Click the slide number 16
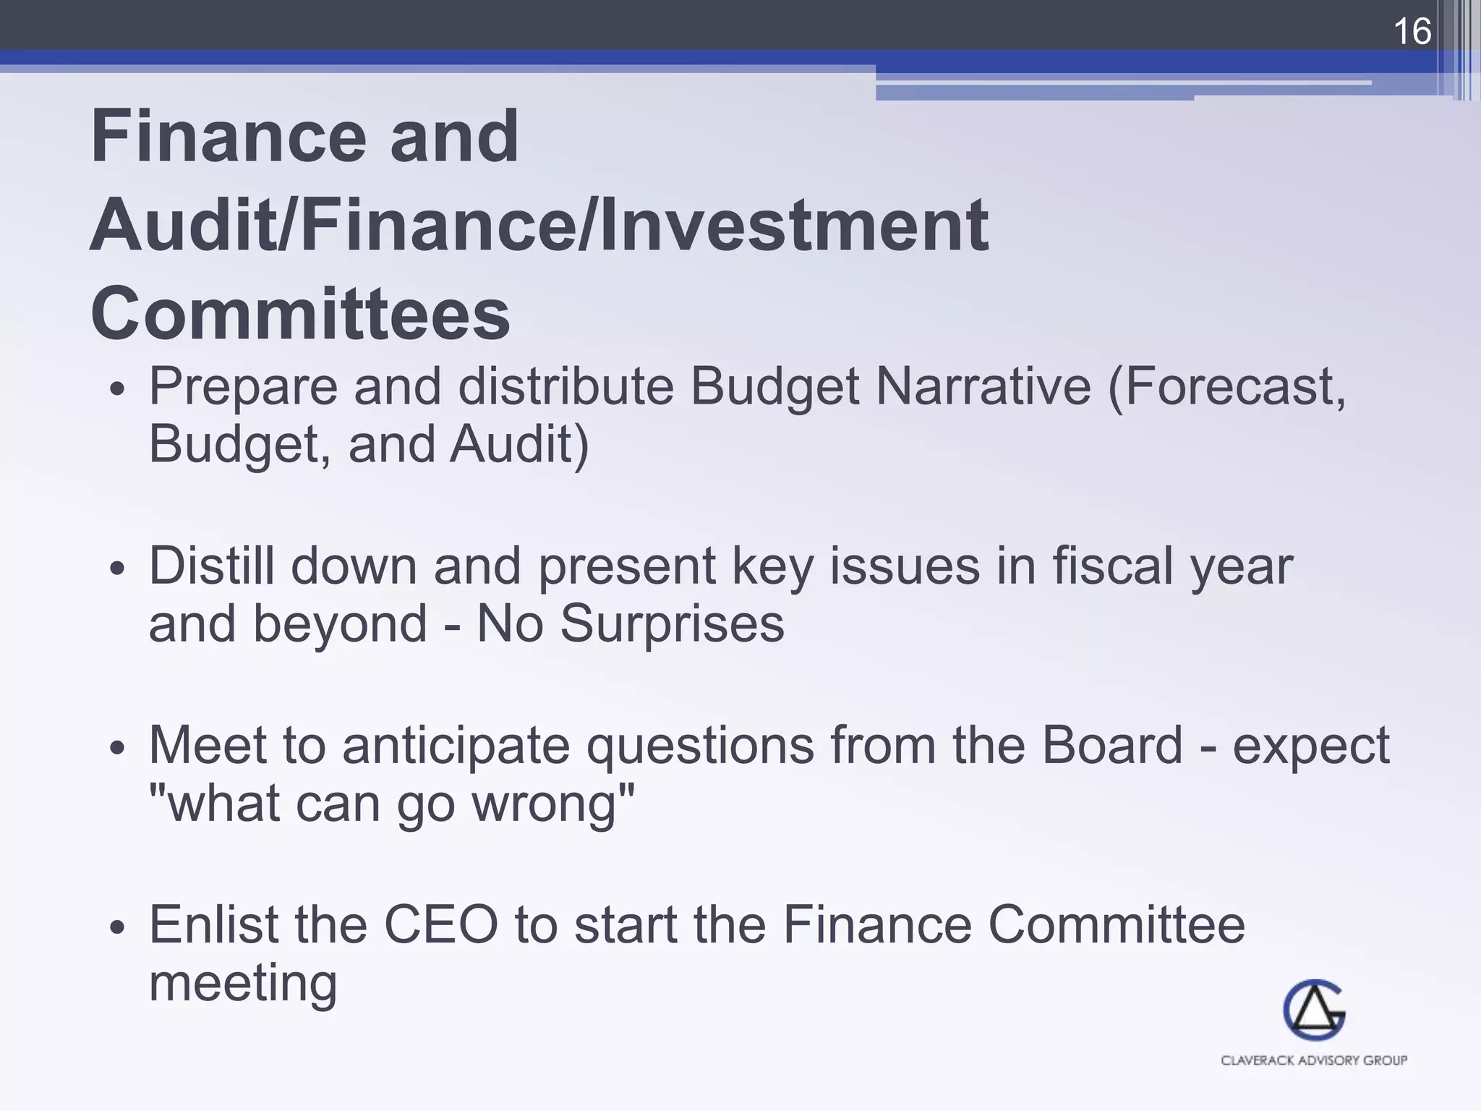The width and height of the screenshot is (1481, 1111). pos(1411,32)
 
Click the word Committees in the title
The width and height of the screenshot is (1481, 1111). pos(300,314)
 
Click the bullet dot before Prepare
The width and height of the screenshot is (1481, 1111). pos(118,390)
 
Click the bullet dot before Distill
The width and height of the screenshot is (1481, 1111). pos(118,569)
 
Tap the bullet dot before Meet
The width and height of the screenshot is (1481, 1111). pos(118,749)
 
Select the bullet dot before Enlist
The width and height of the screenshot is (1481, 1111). pos(118,928)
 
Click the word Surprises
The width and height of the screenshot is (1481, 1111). pos(672,623)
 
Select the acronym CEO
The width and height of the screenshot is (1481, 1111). pos(440,924)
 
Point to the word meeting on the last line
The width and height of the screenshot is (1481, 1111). pos(243,984)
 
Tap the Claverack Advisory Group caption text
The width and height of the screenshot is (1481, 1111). pos(1313,1060)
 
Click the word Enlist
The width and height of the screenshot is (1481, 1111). pos(213,924)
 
